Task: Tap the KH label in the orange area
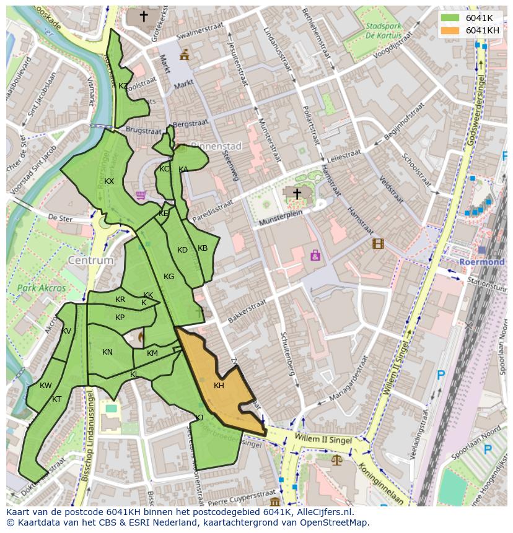219,386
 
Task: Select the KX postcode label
109,181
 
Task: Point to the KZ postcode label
123,86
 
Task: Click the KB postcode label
203,248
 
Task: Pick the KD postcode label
182,250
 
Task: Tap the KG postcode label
169,277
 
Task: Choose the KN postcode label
107,352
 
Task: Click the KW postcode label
46,386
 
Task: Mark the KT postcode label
57,399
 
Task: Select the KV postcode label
66,331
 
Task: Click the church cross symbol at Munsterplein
297,194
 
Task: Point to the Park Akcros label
42,288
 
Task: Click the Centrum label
91,261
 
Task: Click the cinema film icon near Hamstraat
378,243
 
